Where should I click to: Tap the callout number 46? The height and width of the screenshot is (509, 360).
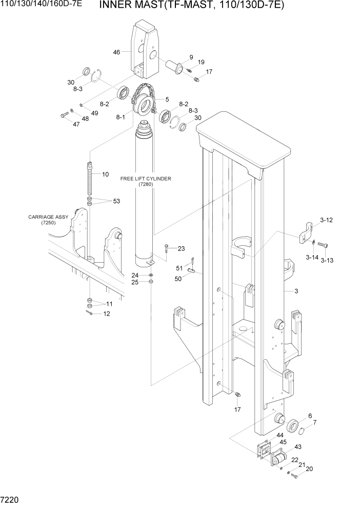(116, 52)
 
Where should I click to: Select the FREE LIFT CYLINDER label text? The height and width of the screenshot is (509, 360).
(145, 179)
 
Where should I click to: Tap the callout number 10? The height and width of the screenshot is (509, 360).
(105, 174)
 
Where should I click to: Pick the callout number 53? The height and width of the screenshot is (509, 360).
(116, 201)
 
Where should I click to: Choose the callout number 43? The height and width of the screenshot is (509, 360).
(297, 447)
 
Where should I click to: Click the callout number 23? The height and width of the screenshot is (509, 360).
(181, 249)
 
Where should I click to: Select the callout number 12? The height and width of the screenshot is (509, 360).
(107, 314)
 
